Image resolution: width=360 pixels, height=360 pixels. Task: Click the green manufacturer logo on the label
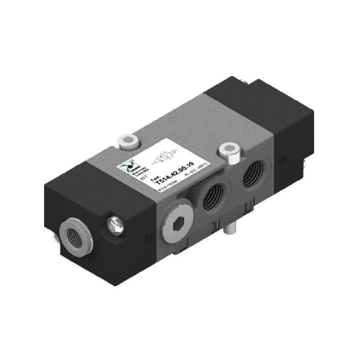tap(130, 164)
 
